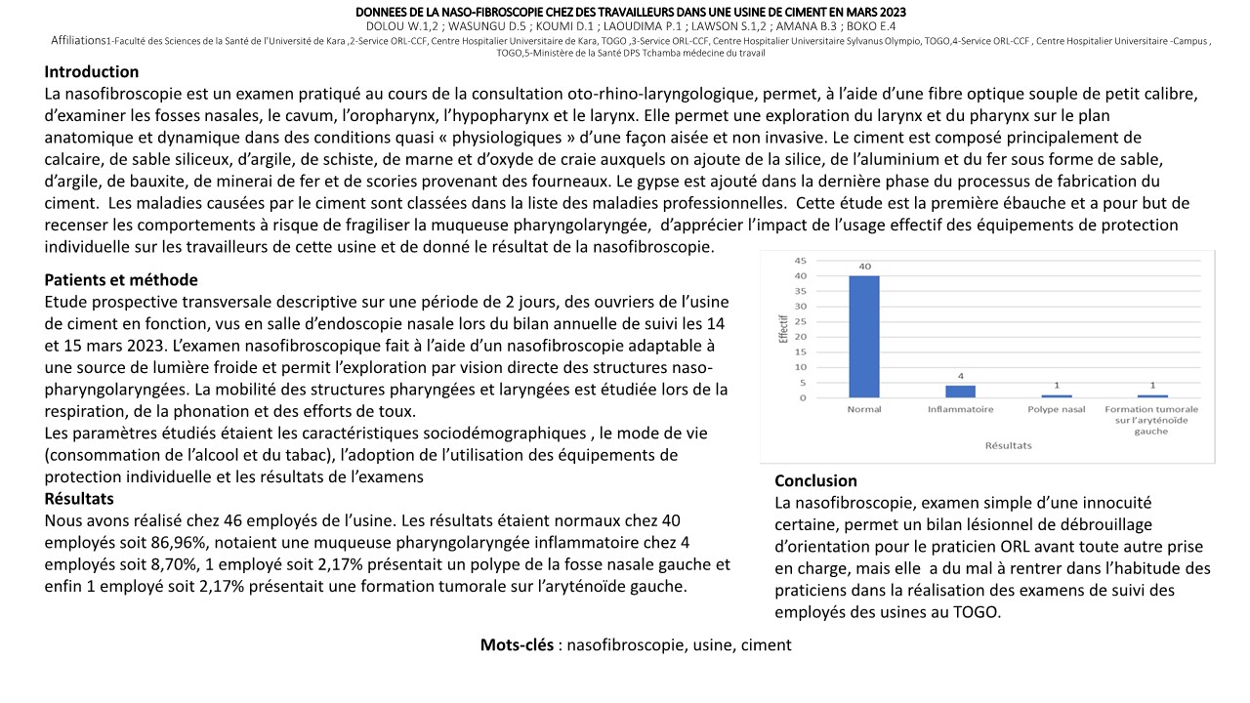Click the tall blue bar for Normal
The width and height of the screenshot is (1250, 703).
[864, 337]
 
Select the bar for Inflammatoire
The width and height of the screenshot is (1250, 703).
[961, 392]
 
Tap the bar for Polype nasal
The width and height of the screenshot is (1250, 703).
[1058, 395]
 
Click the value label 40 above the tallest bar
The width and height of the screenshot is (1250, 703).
[864, 267]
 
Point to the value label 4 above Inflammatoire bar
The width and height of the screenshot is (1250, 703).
[961, 376]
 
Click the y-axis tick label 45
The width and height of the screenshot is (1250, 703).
[801, 261]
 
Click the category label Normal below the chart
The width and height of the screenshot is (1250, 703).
[864, 409]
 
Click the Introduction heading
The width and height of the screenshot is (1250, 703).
[92, 72]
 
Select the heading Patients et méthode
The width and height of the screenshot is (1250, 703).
[121, 280]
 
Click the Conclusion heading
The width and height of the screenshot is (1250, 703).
[815, 480]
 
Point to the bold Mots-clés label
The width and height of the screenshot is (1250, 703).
[518, 645]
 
